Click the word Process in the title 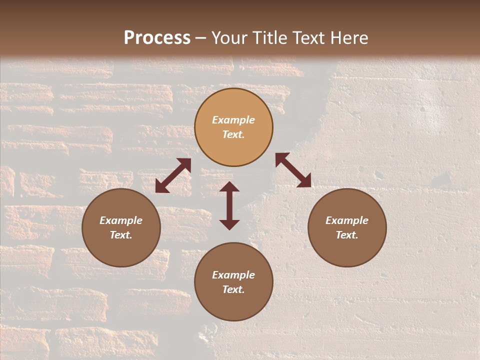[x=157, y=38]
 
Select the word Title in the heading [x=269, y=38]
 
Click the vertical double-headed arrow [x=229, y=205]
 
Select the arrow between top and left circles [x=173, y=175]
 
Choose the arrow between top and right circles [x=293, y=170]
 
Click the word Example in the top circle [x=233, y=120]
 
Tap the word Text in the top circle [x=233, y=134]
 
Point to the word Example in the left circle [x=121, y=220]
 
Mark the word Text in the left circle [x=121, y=235]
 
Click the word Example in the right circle [x=347, y=220]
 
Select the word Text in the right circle [x=347, y=235]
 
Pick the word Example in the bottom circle [x=233, y=275]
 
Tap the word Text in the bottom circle [x=233, y=289]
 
